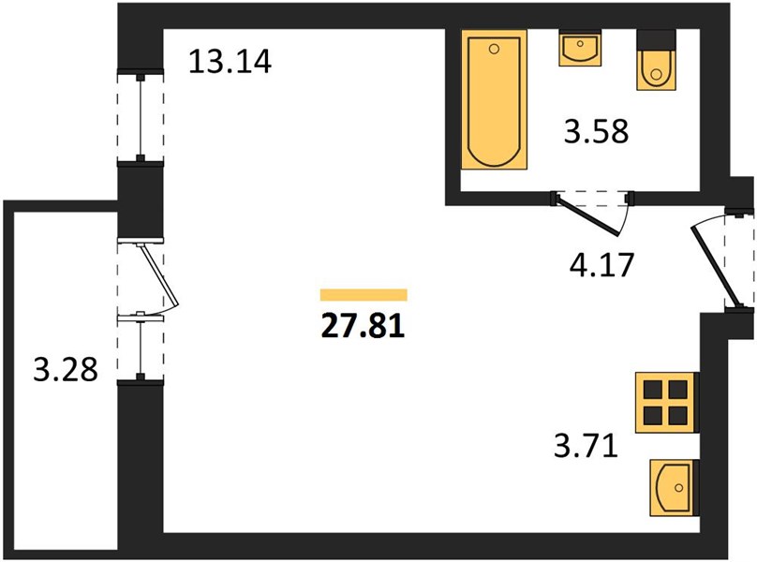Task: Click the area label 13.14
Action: click(x=230, y=62)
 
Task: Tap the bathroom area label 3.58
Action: click(x=596, y=131)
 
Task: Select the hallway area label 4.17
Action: click(x=601, y=264)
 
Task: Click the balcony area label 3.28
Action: click(x=66, y=370)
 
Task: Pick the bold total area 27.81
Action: click(x=364, y=326)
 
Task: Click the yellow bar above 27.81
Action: click(x=364, y=294)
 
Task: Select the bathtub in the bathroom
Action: click(x=494, y=99)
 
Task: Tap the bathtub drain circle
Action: click(x=494, y=49)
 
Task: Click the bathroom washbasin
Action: click(x=580, y=48)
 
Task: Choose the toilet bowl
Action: click(x=656, y=70)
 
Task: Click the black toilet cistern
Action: click(x=656, y=39)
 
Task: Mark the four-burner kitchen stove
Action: click(x=667, y=402)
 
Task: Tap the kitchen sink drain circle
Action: click(x=679, y=488)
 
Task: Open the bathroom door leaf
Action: click(x=587, y=216)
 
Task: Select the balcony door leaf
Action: click(x=159, y=274)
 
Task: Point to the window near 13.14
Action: click(x=140, y=117)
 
